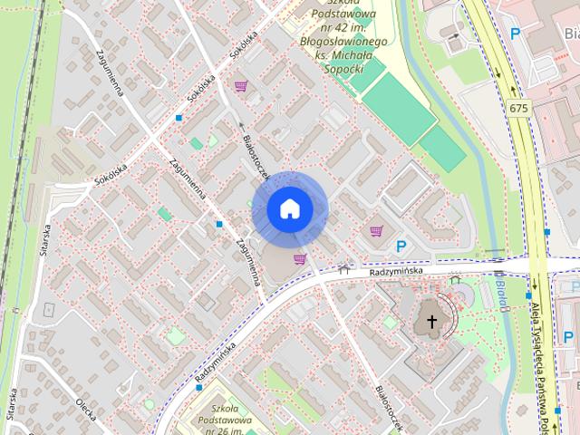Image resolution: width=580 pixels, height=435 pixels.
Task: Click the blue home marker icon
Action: tap(289, 209)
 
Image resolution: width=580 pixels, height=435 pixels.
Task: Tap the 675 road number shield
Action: tap(517, 109)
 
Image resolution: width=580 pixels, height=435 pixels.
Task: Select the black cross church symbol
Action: tap(432, 322)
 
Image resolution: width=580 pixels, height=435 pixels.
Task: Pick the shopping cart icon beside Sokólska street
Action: tap(240, 87)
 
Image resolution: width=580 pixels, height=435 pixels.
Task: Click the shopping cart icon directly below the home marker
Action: tap(299, 259)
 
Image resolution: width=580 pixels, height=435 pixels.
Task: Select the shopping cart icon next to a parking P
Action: tap(376, 232)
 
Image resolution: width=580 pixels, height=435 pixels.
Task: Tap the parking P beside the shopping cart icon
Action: tap(401, 246)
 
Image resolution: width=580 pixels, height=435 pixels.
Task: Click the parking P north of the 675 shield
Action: tap(515, 34)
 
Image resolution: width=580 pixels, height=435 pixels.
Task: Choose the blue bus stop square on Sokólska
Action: tap(179, 118)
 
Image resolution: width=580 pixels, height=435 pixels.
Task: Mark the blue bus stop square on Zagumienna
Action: tap(219, 224)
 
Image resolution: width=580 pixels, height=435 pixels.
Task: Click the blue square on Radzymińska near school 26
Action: tap(199, 388)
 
